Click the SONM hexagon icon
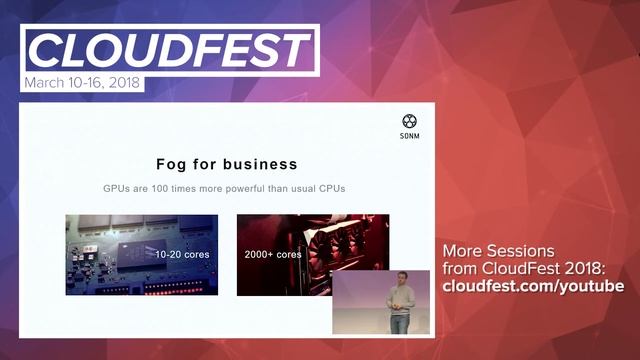409,121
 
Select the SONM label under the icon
409,136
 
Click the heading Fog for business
227,163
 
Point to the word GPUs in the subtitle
120,188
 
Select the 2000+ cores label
273,254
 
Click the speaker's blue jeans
398,322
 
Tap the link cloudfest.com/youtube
533,287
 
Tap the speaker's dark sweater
398,299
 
